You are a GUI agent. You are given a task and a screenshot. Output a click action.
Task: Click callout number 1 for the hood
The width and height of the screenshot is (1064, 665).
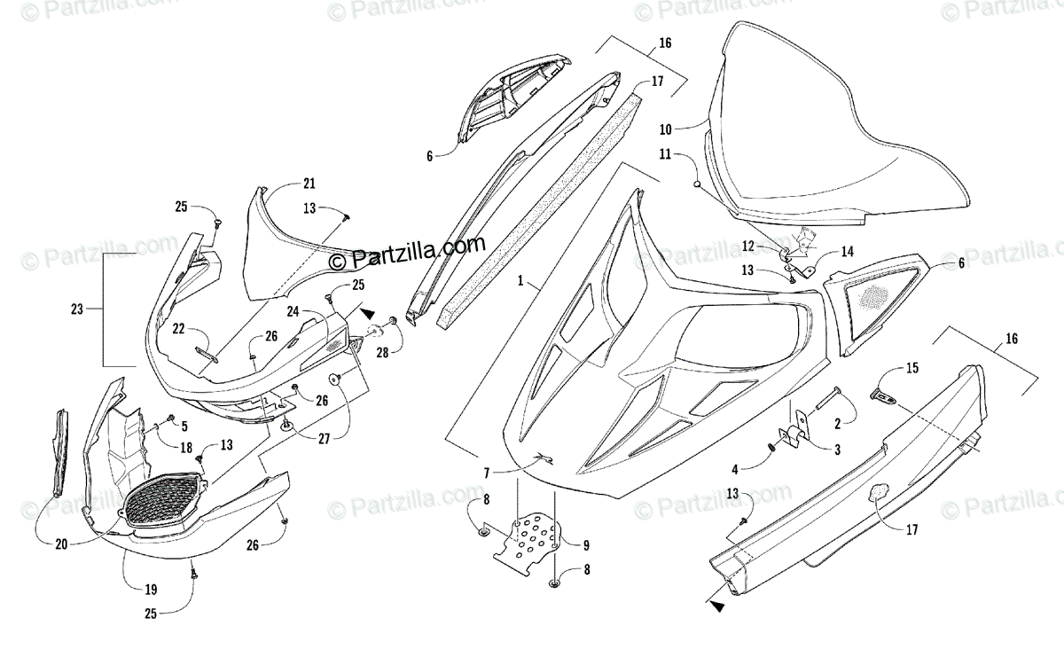pyautogui.click(x=526, y=282)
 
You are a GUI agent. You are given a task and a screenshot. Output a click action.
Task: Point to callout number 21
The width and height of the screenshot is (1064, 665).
pyautogui.click(x=309, y=184)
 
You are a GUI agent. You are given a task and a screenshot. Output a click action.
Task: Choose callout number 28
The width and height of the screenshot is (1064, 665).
pyautogui.click(x=382, y=354)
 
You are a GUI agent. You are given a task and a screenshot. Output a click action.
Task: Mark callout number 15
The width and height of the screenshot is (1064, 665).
pyautogui.click(x=911, y=367)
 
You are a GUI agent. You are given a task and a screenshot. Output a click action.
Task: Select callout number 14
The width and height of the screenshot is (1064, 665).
pyautogui.click(x=847, y=252)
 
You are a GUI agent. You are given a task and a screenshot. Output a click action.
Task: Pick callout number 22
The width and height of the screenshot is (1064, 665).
pyautogui.click(x=179, y=329)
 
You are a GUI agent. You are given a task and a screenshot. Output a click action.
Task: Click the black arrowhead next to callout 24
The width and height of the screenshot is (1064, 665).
pyautogui.click(x=366, y=314)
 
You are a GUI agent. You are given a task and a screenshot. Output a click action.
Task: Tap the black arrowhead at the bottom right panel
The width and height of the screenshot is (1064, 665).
pyautogui.click(x=716, y=606)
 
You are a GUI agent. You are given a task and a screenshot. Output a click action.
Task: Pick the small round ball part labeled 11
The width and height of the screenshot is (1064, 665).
pyautogui.click(x=698, y=184)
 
